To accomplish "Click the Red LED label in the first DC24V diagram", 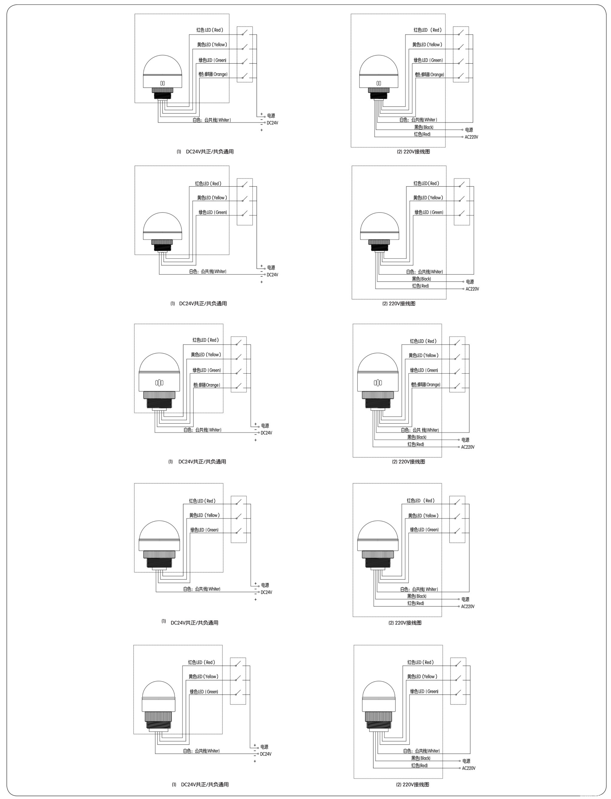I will (210, 30).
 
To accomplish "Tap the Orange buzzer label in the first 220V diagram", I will (429, 75).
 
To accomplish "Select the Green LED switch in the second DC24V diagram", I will (244, 213).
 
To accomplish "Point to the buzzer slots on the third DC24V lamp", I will (159, 383).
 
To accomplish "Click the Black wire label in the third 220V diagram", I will (417, 437).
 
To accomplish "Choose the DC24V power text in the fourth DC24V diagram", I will (266, 592).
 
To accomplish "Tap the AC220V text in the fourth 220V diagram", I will (468, 606).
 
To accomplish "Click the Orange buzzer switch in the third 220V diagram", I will (457, 386).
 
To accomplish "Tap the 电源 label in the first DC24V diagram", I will (271, 116).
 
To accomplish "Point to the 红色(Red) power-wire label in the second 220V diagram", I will (420, 286).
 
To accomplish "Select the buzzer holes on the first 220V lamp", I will (379, 83).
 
